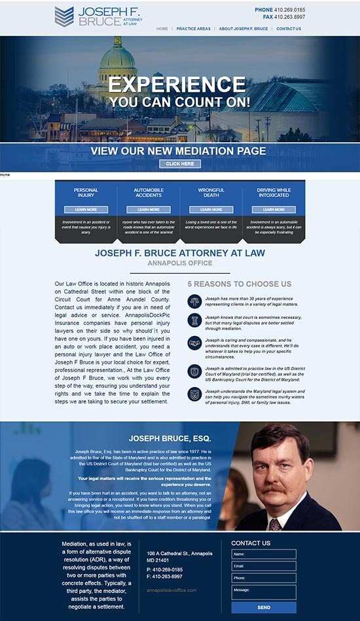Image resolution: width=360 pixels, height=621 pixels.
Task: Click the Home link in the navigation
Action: point(162,29)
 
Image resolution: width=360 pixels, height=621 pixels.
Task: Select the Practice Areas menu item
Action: point(193,29)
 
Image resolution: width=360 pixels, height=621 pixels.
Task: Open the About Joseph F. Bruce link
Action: point(243,29)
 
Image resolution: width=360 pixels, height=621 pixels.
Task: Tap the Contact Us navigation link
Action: point(289,29)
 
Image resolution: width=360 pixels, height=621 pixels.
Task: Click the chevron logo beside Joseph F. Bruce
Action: point(63,16)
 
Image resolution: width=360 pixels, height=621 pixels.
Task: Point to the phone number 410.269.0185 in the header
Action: point(289,10)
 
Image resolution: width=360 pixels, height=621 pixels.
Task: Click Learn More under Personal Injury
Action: point(86,210)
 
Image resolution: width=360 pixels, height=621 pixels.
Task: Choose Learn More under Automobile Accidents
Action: point(149,210)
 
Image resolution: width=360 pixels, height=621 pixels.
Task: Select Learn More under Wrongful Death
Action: point(211,210)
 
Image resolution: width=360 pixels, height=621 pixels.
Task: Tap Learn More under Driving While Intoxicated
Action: point(274,210)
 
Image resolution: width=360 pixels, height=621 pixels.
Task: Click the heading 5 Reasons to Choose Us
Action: point(239,284)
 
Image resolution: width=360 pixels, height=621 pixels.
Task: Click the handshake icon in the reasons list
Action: point(194,343)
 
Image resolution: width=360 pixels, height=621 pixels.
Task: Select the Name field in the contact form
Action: point(263,554)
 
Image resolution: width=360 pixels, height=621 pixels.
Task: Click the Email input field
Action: point(263,566)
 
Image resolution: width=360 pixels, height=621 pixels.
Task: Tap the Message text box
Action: point(263,592)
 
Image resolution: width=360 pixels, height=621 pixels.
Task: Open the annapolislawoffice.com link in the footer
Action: point(171,590)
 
